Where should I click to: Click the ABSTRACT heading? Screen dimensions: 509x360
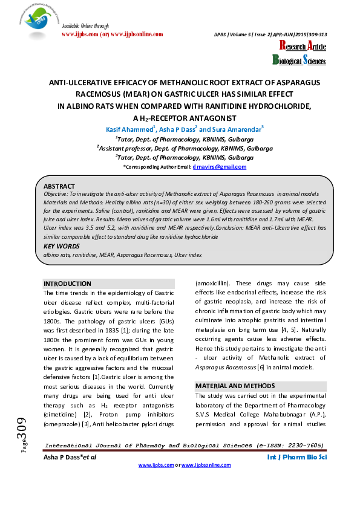60,186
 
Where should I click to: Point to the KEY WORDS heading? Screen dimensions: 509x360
61,247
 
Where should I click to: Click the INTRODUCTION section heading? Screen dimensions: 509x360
67,284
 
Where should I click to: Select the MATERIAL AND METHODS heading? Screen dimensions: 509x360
235,386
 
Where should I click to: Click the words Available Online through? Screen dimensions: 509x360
85,26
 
